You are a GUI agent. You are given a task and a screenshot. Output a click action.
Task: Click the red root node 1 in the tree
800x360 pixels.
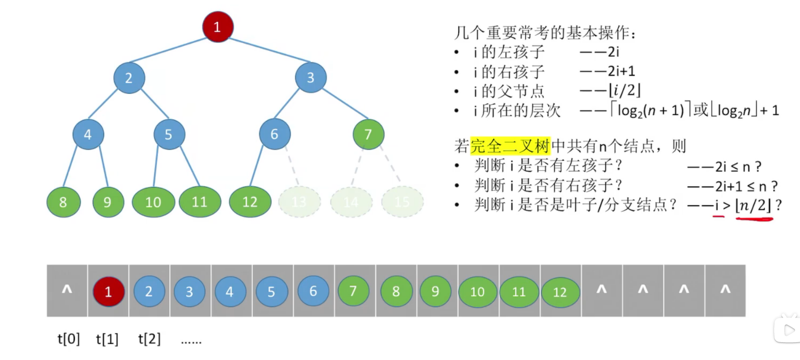[218, 27]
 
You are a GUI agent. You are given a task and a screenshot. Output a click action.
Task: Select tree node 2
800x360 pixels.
[129, 78]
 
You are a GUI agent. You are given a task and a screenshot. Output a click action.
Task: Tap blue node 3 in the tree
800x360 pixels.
[310, 78]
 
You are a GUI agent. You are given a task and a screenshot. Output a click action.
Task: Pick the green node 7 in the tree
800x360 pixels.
[368, 134]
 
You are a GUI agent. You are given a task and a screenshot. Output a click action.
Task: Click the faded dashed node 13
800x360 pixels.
[299, 202]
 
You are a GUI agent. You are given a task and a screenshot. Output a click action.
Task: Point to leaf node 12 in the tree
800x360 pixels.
[250, 202]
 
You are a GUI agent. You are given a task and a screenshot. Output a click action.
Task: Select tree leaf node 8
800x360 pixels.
[63, 202]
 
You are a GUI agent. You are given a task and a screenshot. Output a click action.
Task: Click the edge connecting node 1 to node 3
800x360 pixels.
[269, 50]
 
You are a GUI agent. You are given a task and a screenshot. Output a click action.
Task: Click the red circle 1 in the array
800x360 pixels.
[108, 291]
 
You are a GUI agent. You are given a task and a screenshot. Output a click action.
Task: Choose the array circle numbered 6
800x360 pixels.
[313, 291]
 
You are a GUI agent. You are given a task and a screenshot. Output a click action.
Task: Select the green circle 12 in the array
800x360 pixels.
[560, 292]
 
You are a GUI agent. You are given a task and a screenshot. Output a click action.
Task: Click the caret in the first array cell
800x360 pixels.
[67, 289]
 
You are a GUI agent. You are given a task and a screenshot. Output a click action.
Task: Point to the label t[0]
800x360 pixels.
[69, 339]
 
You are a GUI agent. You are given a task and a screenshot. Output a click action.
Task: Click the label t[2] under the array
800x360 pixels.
[149, 339]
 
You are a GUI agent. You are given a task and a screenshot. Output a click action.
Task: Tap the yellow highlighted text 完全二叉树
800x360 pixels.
[510, 146]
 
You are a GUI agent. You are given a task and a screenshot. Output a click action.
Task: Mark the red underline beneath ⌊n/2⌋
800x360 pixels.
[754, 219]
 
